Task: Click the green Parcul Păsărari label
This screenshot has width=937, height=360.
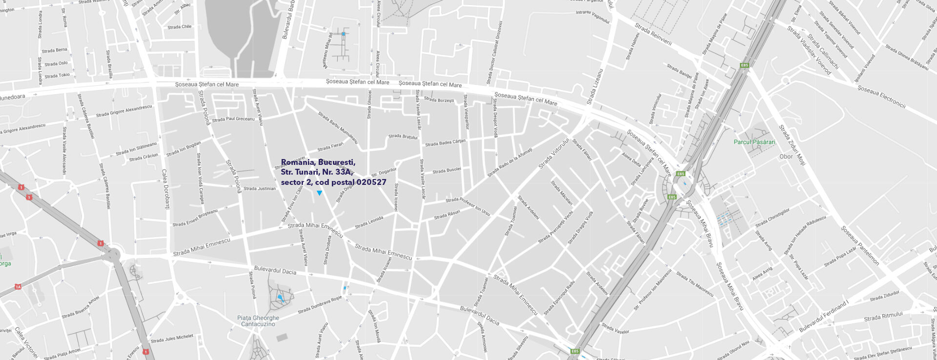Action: pyautogui.click(x=754, y=142)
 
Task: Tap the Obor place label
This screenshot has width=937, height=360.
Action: pyautogui.click(x=786, y=157)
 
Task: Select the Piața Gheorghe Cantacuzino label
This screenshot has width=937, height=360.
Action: pyautogui.click(x=258, y=321)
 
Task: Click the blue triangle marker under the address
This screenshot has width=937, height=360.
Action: pyautogui.click(x=319, y=193)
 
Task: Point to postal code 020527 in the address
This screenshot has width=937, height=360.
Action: pyautogui.click(x=371, y=182)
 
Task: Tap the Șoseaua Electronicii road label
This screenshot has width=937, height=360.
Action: pyautogui.click(x=881, y=97)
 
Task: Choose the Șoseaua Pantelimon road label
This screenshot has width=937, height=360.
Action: pyautogui.click(x=859, y=245)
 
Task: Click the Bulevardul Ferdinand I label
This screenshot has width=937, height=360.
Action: pyautogui.click(x=824, y=317)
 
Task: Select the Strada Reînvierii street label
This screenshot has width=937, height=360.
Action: pyautogui.click(x=653, y=34)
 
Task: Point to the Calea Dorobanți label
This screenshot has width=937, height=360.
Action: pyautogui.click(x=165, y=189)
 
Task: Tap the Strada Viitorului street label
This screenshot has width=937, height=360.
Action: pyautogui.click(x=553, y=153)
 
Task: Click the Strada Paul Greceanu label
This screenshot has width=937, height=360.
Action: pyautogui.click(x=233, y=119)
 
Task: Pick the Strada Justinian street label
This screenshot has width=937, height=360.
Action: pyautogui.click(x=259, y=188)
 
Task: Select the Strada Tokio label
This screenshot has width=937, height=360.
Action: pyautogui.click(x=57, y=76)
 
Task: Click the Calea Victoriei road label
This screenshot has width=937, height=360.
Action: pyautogui.click(x=26, y=342)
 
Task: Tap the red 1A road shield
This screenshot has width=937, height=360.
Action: pyautogui.click(x=18, y=287)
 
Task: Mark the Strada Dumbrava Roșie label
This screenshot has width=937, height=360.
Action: pyautogui.click(x=320, y=304)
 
